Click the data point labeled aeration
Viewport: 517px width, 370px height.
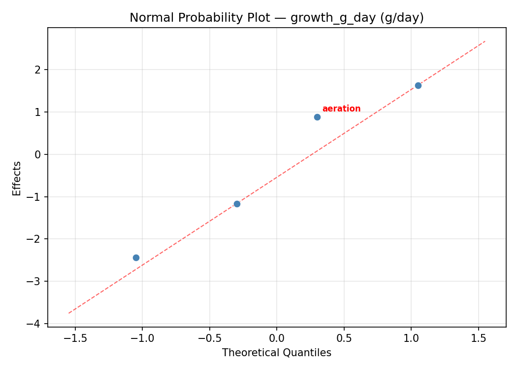[317, 117]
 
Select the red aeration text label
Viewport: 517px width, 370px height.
[341, 109]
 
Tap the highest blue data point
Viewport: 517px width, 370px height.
[418, 85]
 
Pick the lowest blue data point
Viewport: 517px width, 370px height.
[136, 258]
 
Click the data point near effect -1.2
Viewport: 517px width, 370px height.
[237, 204]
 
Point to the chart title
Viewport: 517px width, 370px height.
[276, 18]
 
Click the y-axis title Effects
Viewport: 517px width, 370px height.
[17, 178]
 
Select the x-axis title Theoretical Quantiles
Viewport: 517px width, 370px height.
[276, 353]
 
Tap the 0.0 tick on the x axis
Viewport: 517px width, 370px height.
[276, 339]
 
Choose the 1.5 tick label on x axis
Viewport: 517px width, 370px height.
[479, 339]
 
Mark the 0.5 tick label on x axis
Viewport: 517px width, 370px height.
[344, 339]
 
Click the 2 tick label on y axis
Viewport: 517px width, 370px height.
[38, 70]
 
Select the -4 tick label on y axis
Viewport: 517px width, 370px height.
[35, 324]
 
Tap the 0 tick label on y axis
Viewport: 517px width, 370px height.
[38, 154]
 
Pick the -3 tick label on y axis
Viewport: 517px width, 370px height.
[35, 281]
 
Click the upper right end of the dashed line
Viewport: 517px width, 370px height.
[485, 41]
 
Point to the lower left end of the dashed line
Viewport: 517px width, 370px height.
[69, 313]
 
